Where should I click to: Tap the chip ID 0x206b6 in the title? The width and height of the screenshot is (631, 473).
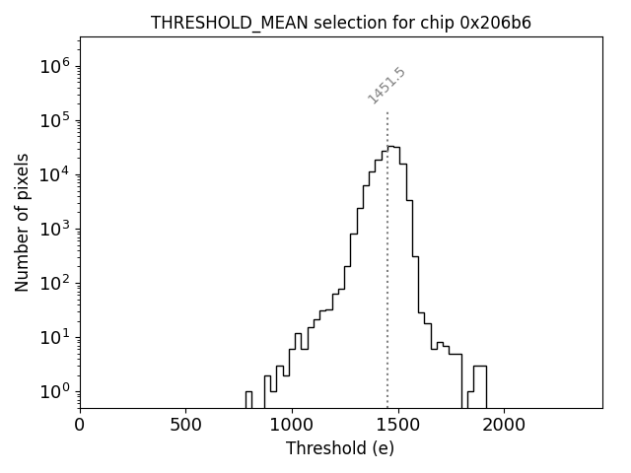[x=496, y=23]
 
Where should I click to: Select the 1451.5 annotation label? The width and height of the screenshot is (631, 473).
[x=386, y=86]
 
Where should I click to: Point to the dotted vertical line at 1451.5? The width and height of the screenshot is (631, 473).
[x=387, y=256]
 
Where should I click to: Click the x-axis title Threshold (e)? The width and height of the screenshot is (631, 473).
[x=340, y=448]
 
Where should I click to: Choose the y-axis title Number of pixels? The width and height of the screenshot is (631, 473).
[x=22, y=223]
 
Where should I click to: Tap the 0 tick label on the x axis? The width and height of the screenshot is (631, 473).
[x=80, y=425]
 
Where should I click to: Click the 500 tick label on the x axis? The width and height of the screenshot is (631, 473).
[x=185, y=425]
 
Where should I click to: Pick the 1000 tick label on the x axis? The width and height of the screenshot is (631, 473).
[x=292, y=425]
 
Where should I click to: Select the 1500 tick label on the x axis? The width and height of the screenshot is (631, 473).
[x=397, y=425]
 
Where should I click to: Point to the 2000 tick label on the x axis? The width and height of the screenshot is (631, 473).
[x=504, y=425]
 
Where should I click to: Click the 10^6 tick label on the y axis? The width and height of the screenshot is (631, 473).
[x=55, y=67]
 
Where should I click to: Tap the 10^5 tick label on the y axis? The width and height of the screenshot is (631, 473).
[x=55, y=121]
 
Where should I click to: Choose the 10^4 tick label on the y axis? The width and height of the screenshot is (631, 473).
[x=55, y=175]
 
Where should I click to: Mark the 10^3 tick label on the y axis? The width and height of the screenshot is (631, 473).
[x=55, y=230]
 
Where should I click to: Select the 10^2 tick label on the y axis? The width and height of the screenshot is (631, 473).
[x=55, y=284]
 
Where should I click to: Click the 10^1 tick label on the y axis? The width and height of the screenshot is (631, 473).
[x=55, y=338]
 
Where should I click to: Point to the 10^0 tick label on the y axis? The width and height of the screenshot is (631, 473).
[x=55, y=392]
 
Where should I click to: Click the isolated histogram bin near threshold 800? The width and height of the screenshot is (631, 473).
[x=248, y=398]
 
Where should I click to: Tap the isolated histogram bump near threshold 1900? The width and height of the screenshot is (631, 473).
[x=479, y=384]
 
